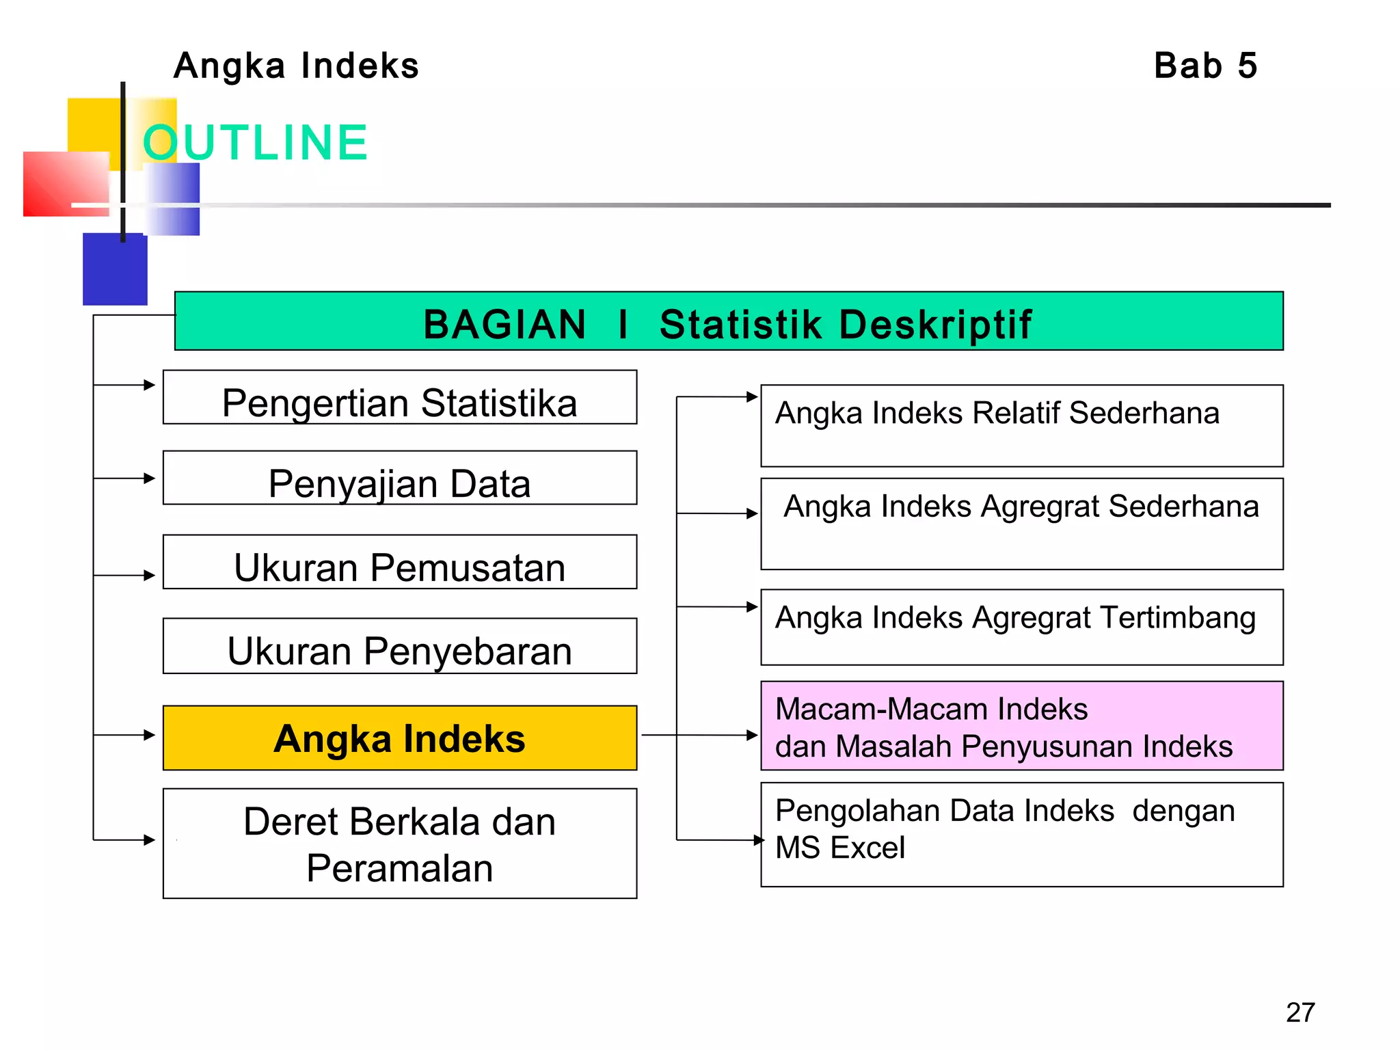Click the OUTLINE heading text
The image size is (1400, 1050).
(255, 143)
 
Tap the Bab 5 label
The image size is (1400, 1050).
(1205, 66)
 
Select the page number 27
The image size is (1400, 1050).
(1300, 1012)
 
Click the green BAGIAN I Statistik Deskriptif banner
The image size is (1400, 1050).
(728, 322)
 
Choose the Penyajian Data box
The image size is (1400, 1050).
(399, 479)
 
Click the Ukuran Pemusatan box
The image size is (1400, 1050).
(399, 563)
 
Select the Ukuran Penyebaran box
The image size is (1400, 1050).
(399, 647)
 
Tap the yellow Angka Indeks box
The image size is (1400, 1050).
(399, 738)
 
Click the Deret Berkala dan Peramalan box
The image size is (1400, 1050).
(399, 844)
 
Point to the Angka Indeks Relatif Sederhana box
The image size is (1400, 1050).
(1021, 426)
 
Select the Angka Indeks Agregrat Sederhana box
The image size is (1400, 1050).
(1021, 524)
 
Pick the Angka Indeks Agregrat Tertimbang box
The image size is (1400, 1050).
(1021, 628)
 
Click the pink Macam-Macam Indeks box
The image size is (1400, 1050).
(1021, 726)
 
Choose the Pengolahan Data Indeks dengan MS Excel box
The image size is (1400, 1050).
(1021, 835)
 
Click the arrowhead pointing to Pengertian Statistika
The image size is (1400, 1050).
(150, 385)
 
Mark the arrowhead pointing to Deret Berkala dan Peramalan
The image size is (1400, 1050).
(150, 839)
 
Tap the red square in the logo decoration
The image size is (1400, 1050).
(65, 183)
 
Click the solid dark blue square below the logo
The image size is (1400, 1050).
(114, 270)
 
